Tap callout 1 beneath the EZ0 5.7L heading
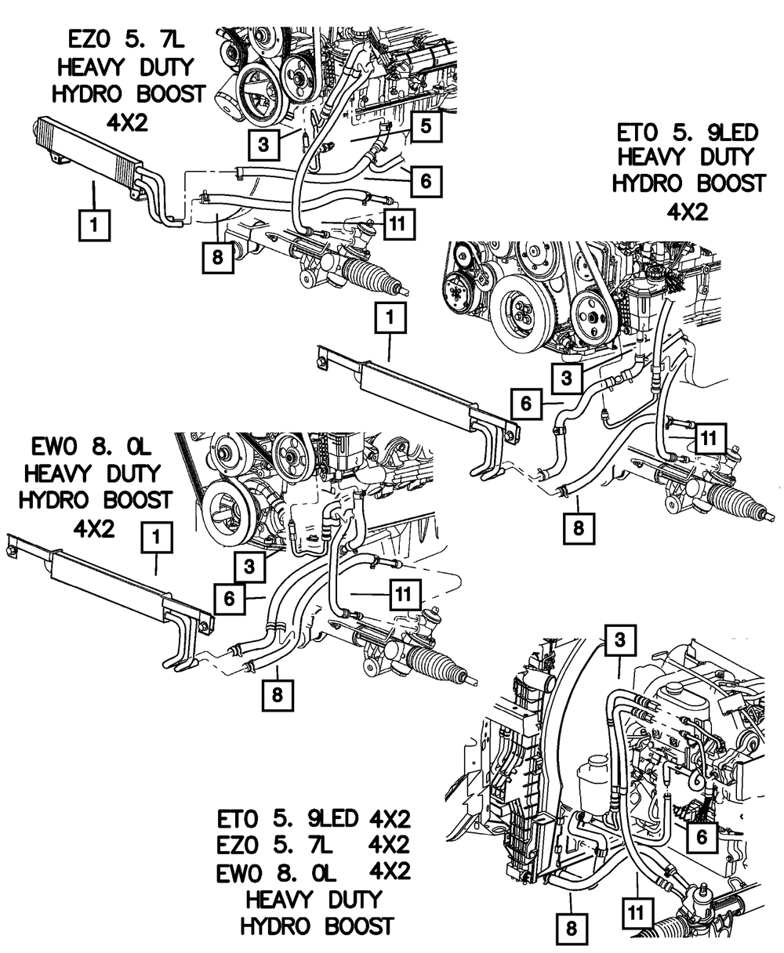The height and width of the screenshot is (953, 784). click(x=93, y=226)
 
